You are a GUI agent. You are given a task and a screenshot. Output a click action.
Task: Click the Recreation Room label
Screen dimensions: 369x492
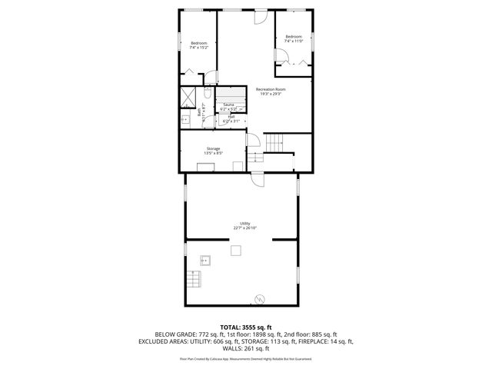pos(271,91)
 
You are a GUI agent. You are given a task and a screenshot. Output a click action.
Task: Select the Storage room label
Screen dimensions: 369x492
pos(213,151)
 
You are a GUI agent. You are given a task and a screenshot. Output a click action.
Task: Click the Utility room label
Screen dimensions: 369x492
pos(244,226)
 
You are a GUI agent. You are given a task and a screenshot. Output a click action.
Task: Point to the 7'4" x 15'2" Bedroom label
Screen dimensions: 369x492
pos(198,45)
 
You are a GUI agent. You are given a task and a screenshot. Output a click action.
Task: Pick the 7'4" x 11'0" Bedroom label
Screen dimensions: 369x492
pos(294,38)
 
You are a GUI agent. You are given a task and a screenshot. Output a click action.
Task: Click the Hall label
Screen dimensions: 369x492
pos(231,119)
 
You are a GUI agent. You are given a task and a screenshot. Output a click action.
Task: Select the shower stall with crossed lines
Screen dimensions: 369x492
pos(188,98)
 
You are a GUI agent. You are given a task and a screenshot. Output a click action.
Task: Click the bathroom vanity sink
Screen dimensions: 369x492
pos(184,119)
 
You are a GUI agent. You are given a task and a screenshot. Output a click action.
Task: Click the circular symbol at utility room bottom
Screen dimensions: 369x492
pos(260,298)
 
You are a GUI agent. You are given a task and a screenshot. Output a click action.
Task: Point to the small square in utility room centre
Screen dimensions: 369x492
pos(237,249)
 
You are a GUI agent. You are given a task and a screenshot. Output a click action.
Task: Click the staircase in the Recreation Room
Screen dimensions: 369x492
pos(274,142)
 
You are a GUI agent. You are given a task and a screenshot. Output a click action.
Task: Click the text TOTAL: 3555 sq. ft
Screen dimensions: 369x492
pos(245,327)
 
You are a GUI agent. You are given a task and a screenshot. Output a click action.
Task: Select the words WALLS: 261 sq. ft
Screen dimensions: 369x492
pos(245,347)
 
